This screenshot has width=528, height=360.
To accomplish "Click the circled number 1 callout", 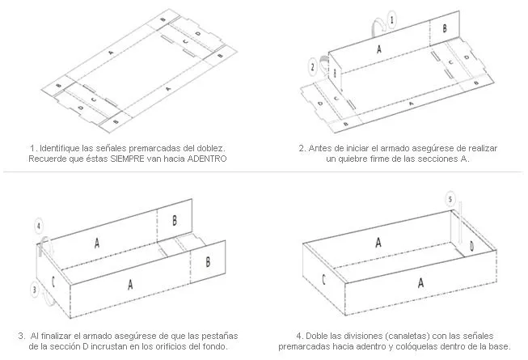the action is click(391, 19).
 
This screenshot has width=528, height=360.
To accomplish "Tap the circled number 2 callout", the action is click(313, 66).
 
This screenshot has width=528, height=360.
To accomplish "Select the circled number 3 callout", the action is click(35, 289).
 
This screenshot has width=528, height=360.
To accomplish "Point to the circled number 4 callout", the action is click(39, 226).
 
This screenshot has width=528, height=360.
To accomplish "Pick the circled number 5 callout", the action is click(450, 199).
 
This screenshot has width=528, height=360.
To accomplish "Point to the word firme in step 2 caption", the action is click(378, 159).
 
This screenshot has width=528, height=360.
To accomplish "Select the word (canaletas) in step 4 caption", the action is click(408, 336).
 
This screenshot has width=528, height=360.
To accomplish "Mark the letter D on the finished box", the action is click(471, 247).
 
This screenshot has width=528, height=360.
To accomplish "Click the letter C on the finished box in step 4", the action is click(323, 279).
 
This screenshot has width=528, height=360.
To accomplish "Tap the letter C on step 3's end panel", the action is click(53, 282).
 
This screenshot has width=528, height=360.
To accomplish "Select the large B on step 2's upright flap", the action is click(445, 28).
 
